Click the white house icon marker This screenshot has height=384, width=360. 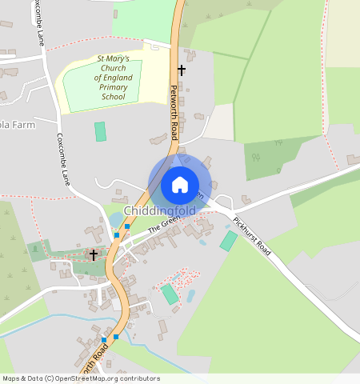pyautogui.click(x=180, y=185)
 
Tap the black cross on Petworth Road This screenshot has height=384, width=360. pyautogui.click(x=182, y=70)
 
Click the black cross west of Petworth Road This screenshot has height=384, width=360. pyautogui.click(x=94, y=254)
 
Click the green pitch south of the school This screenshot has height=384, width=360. pyautogui.click(x=100, y=131)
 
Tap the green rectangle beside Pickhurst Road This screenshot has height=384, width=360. pyautogui.click(x=229, y=241)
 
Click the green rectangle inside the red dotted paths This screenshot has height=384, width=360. pyautogui.click(x=170, y=294)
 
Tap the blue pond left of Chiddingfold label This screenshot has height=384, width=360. pyautogui.click(x=118, y=218)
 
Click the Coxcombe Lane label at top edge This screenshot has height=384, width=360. pyautogui.click(x=38, y=22)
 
